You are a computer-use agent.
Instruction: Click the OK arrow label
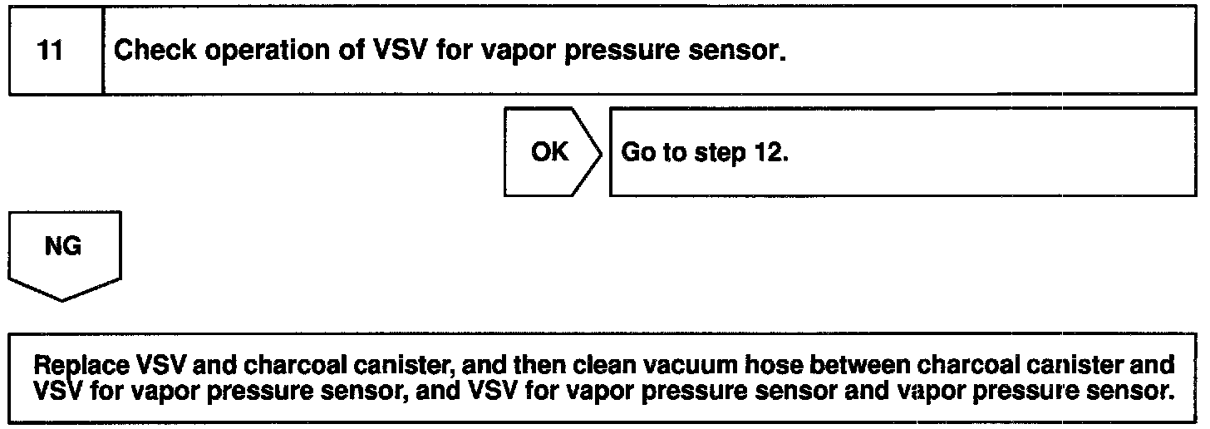click(549, 152)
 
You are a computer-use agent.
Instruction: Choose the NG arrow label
click(64, 247)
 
